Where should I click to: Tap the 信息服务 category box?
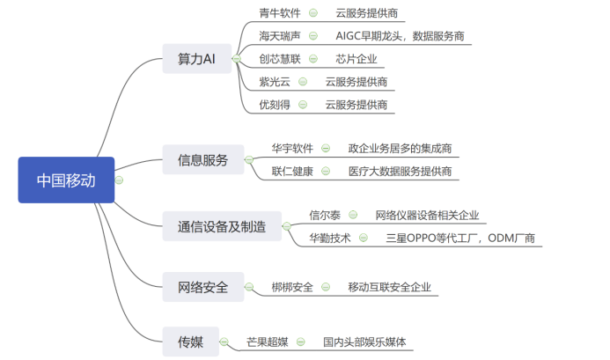202,159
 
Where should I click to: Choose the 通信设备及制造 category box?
222,225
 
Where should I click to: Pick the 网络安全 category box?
202,286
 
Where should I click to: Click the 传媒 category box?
190,341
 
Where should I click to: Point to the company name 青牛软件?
280,13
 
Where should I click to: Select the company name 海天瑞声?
280,36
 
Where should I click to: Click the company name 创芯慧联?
280,59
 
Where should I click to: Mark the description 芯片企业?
356,59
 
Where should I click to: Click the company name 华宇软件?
292,148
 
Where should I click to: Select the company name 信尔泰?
325,215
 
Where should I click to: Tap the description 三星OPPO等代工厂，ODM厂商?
459,238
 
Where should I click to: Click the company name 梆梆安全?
292,287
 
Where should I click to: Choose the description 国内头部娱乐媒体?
364,342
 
